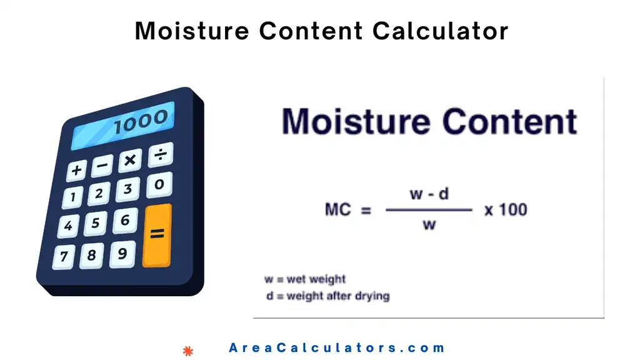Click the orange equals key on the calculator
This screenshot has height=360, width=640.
tap(157, 234)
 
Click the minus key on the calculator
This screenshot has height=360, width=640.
tap(102, 166)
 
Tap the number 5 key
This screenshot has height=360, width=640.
tap(96, 223)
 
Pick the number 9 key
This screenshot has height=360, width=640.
tap(122, 254)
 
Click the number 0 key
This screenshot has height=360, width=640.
tap(159, 184)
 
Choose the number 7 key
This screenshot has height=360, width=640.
tap(64, 256)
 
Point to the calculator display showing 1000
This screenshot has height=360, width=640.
tap(123, 126)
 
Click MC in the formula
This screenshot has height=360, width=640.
tap(339, 210)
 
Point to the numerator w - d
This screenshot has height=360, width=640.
tap(429, 194)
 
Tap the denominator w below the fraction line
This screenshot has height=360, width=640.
tap(429, 224)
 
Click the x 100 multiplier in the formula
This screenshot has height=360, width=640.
tap(506, 210)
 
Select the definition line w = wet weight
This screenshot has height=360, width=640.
tap(305, 279)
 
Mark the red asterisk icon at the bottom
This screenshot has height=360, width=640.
tap(187, 351)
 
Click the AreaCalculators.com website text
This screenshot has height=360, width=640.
tap(337, 348)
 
